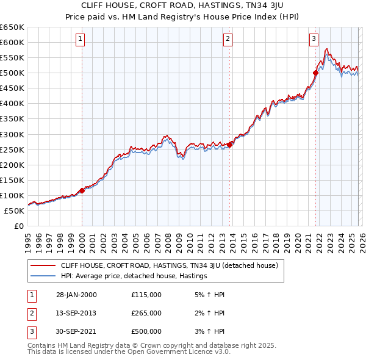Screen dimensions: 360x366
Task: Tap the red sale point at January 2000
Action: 82,190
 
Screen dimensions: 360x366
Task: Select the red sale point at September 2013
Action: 229,145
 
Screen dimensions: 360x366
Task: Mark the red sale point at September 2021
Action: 316,73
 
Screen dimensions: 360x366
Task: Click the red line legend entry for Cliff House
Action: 169,265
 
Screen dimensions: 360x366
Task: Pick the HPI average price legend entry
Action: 134,276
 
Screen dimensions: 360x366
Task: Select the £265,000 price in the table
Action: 146,313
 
